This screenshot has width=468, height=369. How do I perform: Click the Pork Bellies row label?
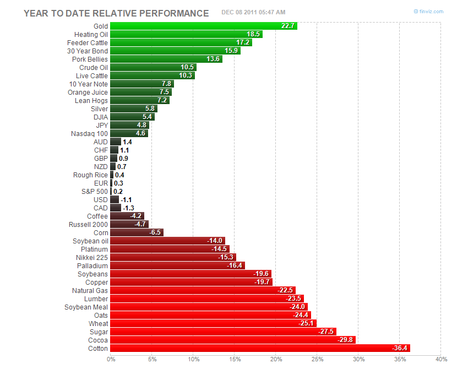point(90,59)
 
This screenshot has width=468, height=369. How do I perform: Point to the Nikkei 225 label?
point(92,257)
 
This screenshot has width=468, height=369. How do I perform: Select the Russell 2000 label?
point(88,224)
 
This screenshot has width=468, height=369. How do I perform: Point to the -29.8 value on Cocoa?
point(346,340)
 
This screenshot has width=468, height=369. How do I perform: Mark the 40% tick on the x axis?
point(440,360)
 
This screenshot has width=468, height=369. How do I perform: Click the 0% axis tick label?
point(111,360)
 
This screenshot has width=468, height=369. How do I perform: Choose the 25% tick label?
point(317,360)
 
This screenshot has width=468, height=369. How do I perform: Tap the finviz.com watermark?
point(429,12)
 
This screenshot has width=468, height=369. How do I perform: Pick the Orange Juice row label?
point(88,92)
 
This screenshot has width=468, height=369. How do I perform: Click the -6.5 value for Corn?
point(155,232)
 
